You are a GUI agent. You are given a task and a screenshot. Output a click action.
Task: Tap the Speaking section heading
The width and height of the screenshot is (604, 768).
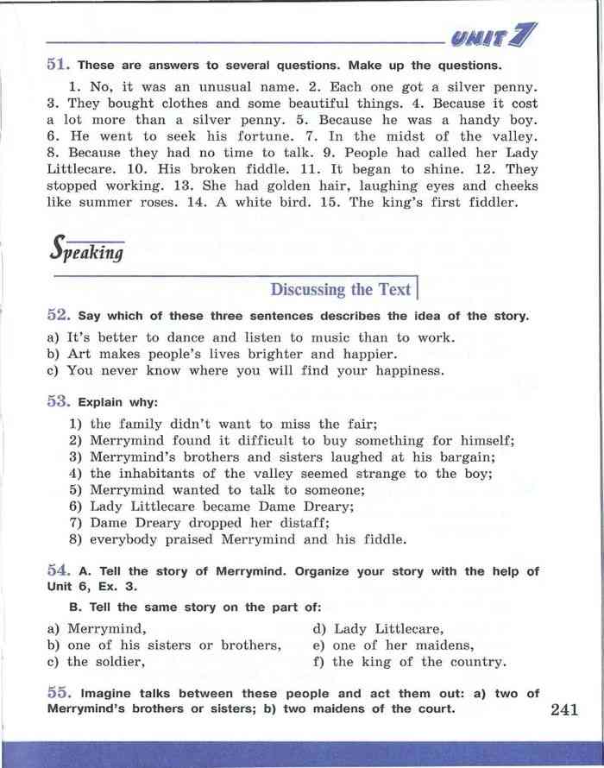point(86,251)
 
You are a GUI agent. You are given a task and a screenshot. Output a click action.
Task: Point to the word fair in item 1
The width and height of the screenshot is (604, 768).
point(361,424)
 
